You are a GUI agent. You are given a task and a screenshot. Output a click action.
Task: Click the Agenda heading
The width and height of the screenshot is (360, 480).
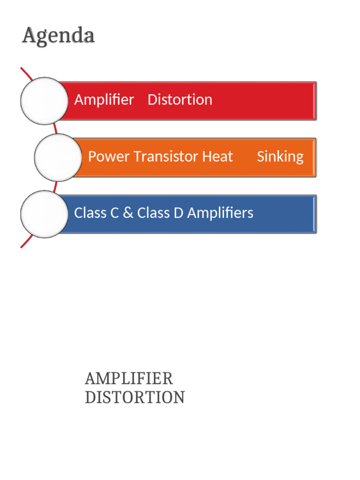[x=58, y=36]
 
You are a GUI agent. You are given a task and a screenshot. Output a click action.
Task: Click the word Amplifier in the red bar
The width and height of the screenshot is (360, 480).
[x=104, y=100]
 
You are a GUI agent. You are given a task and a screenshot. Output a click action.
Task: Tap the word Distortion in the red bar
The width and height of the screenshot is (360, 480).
[x=180, y=100]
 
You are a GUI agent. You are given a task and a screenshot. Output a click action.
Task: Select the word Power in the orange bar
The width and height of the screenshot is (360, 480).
[x=109, y=157]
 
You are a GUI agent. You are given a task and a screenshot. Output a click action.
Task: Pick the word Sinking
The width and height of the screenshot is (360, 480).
[x=280, y=157]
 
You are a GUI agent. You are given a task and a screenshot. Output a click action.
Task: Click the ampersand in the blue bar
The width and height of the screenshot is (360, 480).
[x=128, y=213]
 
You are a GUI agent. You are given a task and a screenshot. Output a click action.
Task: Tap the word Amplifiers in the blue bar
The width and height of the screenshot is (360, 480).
[x=220, y=213]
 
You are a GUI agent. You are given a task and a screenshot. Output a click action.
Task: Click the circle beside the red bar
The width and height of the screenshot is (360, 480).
[x=45, y=101]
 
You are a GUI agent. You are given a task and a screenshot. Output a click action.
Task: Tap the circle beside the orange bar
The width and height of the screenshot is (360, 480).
[x=58, y=157]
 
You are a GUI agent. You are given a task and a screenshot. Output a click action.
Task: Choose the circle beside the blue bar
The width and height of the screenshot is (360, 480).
[x=45, y=214]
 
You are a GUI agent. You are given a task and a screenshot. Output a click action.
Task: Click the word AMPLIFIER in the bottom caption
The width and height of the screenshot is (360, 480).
[x=129, y=378]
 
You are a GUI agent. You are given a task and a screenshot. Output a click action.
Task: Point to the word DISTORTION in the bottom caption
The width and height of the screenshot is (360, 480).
[x=135, y=397]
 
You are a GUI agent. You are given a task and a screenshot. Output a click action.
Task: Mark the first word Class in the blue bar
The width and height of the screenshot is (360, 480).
[x=90, y=213]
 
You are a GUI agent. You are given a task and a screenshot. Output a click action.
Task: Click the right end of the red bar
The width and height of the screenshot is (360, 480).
[x=314, y=101]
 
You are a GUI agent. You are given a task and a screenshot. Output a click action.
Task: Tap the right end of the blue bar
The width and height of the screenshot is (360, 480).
[x=314, y=214]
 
